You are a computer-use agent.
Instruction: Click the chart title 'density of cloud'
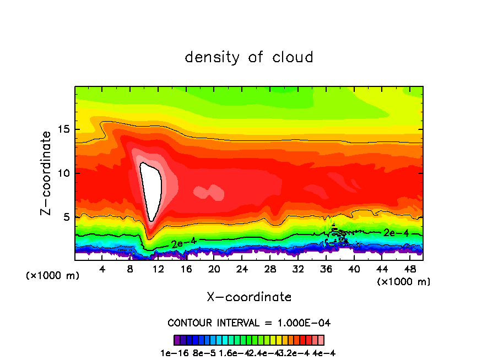(x=249, y=57)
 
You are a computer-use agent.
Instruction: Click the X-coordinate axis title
(x=249, y=297)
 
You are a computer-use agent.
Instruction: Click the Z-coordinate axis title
(x=47, y=173)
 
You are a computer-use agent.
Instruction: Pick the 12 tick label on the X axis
(x=159, y=269)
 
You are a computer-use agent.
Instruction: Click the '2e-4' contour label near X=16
(x=183, y=242)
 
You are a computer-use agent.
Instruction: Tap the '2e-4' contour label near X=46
(x=396, y=233)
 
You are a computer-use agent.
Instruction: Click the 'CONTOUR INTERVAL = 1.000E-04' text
(x=249, y=323)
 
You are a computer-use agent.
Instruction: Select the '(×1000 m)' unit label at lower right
(x=403, y=282)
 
